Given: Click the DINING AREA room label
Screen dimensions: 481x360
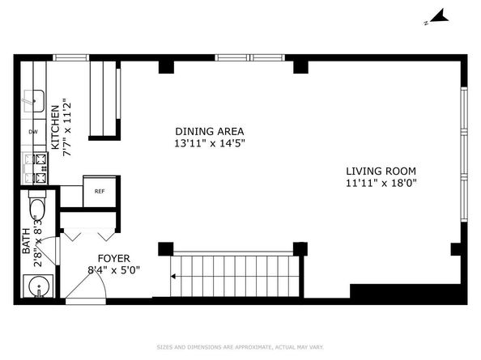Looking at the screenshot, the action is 210,131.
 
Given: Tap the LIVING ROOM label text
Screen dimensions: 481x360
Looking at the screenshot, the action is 381,171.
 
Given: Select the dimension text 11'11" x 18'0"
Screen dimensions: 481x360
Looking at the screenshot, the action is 381,183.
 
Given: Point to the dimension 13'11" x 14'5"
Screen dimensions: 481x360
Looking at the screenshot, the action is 210,143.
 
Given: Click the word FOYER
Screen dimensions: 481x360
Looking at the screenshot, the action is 114,259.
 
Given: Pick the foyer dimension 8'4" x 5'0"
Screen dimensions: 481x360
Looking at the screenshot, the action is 114,270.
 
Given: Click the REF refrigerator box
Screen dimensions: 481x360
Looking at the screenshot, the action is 100,192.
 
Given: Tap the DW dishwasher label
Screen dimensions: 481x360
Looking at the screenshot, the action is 33,132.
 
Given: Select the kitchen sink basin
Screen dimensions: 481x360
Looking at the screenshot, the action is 34,101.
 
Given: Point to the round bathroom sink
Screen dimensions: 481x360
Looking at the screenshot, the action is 38,286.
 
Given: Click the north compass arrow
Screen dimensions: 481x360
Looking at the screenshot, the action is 440,18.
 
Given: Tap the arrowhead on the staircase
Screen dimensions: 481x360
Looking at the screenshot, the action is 173,277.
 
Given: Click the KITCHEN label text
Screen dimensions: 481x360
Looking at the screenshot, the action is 55,127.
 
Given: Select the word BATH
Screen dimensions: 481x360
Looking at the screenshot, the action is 27,241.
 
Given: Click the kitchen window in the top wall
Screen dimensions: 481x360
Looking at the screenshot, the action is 71,57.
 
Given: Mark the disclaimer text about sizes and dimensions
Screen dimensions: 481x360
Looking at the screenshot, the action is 240,347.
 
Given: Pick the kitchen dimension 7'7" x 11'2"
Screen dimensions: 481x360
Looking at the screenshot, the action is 67,127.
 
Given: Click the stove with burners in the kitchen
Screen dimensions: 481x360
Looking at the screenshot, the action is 36,168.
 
